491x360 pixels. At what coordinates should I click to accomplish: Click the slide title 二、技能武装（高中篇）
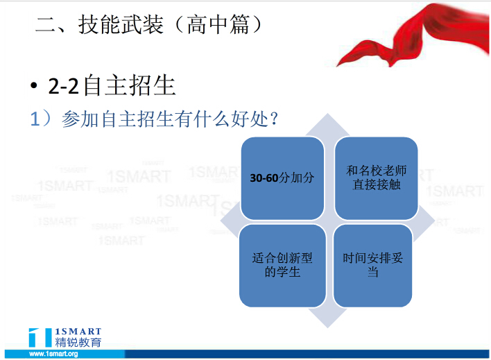coord(148,24)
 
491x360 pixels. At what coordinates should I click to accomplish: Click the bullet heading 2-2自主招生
coord(112,85)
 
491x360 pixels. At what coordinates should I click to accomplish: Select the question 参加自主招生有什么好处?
coord(170,119)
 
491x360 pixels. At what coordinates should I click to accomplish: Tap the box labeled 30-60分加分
coord(282,178)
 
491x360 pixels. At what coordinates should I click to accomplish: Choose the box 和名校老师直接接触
coord(376,178)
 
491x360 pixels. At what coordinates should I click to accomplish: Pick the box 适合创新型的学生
coord(282,266)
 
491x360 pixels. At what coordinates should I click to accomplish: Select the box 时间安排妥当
coord(372,266)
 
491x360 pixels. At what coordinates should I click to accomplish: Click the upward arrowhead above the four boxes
coord(327,126)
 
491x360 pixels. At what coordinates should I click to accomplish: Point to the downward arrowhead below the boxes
coord(327,317)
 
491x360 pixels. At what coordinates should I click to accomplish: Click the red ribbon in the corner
coord(413,35)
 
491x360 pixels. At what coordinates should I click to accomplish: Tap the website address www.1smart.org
coord(53,354)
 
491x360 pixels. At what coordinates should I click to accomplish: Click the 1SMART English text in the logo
coord(78,332)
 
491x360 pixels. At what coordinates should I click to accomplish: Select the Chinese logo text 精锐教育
coord(78,342)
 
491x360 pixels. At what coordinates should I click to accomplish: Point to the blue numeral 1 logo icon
coord(40,337)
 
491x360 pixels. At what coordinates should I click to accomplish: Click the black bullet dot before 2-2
coord(34,85)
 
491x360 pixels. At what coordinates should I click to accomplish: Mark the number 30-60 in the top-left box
coord(264,178)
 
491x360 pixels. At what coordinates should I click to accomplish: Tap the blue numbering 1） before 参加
coord(40,119)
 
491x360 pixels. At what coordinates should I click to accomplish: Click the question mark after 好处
coord(274,119)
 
